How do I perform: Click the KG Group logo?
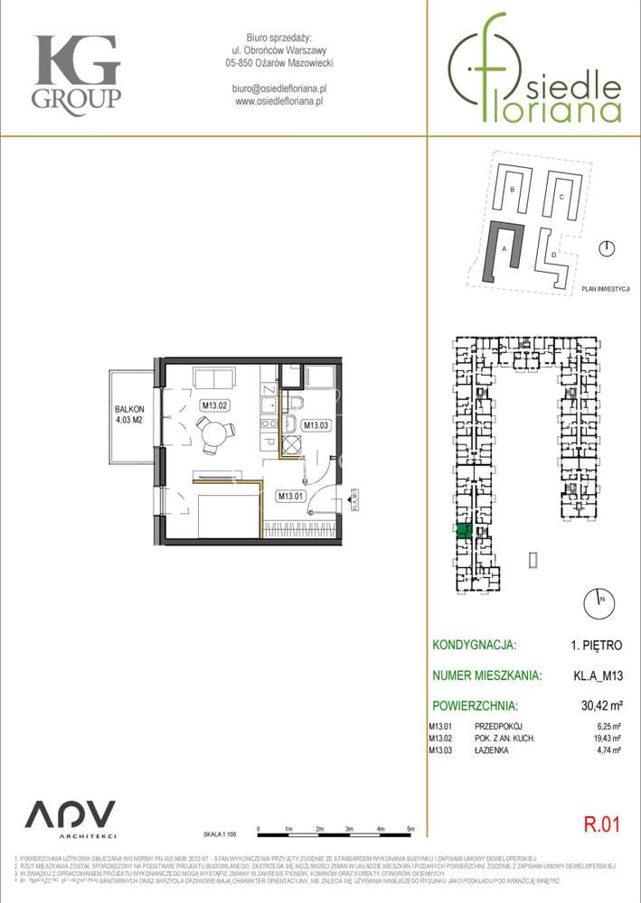[76, 71]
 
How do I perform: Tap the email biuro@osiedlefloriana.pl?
[279, 88]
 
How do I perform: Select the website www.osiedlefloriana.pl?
[279, 102]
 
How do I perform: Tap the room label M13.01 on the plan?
[289, 496]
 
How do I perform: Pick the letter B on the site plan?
[512, 190]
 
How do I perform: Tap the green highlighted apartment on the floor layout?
[462, 531]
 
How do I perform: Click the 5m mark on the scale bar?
[411, 828]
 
